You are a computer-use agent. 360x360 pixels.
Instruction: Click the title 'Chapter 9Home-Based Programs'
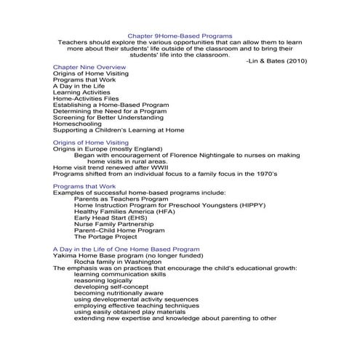point(180,36)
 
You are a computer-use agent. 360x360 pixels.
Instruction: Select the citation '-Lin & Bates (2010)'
point(271,61)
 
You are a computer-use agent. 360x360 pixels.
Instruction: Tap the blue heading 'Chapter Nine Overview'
point(89,68)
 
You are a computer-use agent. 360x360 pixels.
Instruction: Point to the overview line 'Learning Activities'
point(82,93)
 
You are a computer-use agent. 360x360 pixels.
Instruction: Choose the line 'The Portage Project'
point(105,237)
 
